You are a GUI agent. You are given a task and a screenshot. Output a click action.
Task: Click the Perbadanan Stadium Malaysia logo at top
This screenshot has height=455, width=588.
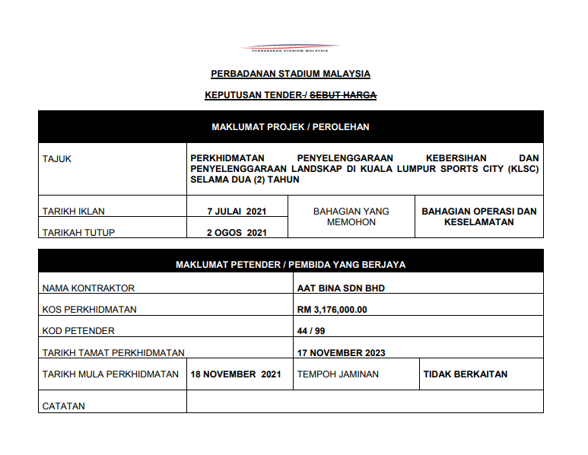[x=290, y=48]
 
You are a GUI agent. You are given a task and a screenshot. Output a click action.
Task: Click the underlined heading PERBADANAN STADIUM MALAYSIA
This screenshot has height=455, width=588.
[x=291, y=74]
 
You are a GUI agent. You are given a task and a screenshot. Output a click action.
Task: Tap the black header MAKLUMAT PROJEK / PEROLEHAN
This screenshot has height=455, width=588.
[x=291, y=127]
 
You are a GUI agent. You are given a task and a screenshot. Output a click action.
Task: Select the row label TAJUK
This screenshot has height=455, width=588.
[x=57, y=159]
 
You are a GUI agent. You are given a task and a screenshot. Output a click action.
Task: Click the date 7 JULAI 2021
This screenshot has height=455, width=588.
[x=237, y=212]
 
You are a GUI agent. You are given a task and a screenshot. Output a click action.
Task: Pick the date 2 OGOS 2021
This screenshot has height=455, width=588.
[x=237, y=233]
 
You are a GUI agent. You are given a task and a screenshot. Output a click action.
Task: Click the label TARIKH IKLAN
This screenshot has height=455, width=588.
[x=74, y=212]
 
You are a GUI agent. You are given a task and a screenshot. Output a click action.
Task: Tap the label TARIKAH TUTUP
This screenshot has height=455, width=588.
[x=79, y=233]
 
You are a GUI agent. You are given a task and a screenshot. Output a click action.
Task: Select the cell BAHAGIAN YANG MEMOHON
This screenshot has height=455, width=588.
[x=351, y=217]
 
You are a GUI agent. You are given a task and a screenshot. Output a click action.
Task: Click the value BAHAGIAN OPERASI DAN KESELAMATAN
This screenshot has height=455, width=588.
[x=479, y=217]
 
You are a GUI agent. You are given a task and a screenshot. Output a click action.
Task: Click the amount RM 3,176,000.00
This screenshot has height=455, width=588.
[x=332, y=310]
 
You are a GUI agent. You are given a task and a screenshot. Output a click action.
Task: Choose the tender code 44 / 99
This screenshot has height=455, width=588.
[x=312, y=331]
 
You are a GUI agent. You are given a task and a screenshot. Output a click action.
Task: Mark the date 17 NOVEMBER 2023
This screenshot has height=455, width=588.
[x=342, y=352]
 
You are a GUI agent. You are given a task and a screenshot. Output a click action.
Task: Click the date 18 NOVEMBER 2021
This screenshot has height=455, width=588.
[x=237, y=374]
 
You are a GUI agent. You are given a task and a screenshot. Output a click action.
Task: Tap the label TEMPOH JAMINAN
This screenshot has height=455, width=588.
[x=338, y=374]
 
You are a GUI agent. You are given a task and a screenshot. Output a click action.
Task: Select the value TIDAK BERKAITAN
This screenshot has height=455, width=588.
[x=466, y=374]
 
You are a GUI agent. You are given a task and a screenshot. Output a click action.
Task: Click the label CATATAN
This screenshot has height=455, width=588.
[x=64, y=406]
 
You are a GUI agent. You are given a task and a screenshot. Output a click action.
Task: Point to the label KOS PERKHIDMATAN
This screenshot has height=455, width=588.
[x=90, y=310]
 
